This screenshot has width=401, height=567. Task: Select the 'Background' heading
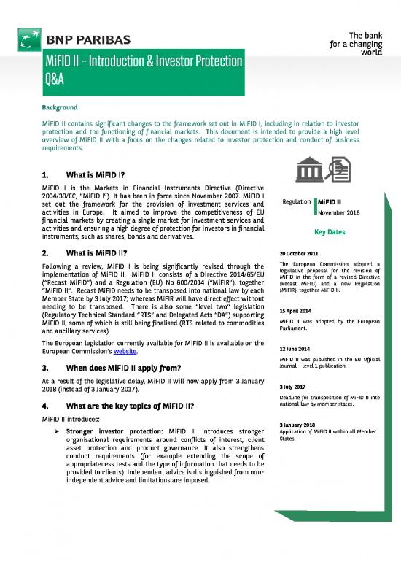(59, 107)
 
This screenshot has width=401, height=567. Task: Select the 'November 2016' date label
(340, 212)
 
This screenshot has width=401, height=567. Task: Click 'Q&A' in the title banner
(59, 82)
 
